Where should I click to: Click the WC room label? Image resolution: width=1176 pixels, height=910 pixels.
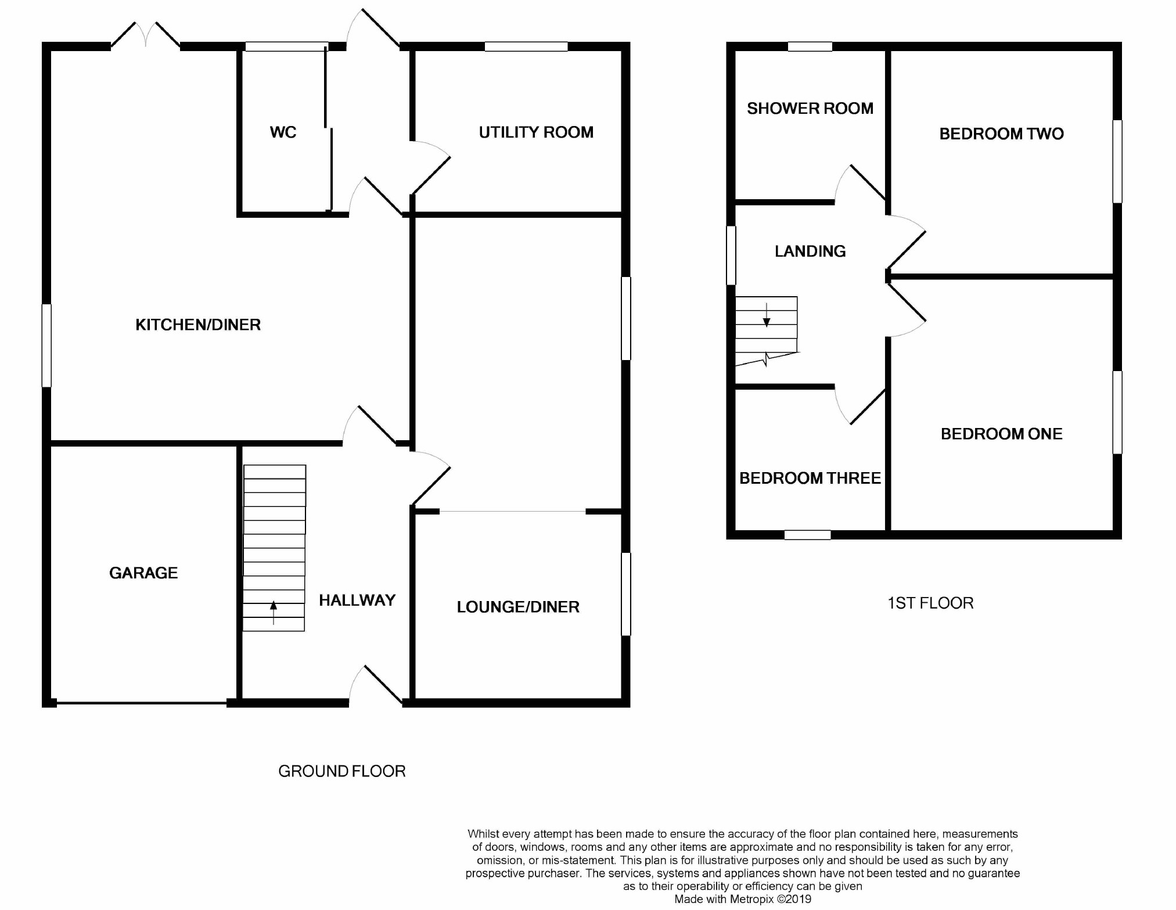tap(283, 132)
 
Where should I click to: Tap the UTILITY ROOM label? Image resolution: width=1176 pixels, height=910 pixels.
tap(536, 132)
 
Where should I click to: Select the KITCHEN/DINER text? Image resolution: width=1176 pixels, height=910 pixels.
tap(198, 325)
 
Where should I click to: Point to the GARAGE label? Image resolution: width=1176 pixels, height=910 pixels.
tap(143, 573)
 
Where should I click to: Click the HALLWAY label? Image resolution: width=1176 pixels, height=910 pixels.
tap(357, 600)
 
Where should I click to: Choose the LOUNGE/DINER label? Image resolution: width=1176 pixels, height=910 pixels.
tap(518, 607)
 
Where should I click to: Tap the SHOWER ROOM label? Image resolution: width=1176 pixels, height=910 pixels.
tap(810, 109)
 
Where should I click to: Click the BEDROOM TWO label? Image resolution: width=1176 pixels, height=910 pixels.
tap(1002, 134)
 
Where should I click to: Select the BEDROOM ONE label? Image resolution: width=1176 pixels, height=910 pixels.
tap(1002, 434)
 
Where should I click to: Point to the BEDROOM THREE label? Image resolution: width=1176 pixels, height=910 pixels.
tap(810, 479)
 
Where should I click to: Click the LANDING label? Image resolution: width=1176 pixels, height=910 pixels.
tap(810, 251)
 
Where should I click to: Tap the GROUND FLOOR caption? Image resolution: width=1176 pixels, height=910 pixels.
tap(342, 771)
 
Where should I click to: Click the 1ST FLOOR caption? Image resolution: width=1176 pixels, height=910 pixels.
tap(930, 603)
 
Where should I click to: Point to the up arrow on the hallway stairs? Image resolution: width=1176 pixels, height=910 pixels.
tap(274, 613)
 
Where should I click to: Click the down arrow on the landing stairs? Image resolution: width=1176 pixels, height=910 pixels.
tap(767, 315)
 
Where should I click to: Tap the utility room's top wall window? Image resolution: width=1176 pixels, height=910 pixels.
tap(526, 46)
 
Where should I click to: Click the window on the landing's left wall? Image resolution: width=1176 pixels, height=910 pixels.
tap(731, 256)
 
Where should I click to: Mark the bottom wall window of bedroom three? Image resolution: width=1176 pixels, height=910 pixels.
tap(807, 535)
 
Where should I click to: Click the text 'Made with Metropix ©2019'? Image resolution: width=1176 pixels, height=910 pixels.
tap(743, 900)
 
